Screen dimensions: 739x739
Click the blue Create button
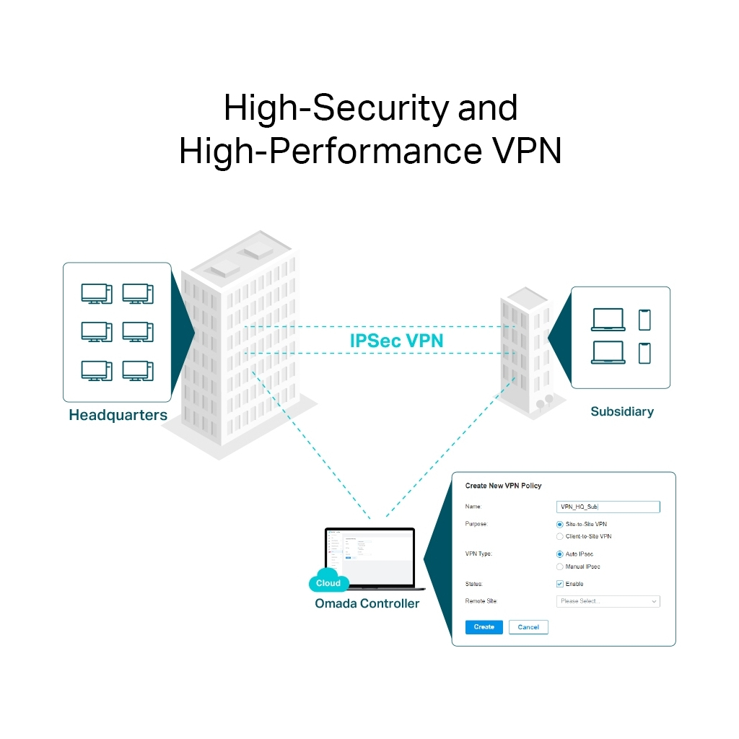[484, 627]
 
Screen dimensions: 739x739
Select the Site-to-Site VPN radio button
[560, 525]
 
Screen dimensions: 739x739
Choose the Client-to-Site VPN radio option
[560, 537]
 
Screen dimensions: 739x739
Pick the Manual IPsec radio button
[560, 567]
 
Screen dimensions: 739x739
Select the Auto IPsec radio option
[560, 554]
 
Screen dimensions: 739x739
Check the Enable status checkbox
[560, 584]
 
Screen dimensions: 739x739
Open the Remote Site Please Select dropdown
[608, 601]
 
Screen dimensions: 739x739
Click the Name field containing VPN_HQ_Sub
[608, 507]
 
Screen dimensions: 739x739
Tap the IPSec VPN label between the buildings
[396, 340]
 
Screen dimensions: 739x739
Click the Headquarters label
[118, 416]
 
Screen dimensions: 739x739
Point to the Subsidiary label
[621, 412]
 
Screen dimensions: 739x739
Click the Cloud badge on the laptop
[328, 583]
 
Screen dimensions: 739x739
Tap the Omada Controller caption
[367, 603]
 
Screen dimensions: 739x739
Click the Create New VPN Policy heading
[503, 486]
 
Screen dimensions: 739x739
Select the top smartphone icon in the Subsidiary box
[644, 320]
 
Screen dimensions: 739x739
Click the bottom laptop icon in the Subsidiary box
[608, 352]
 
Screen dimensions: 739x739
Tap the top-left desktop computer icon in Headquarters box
[96, 293]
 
